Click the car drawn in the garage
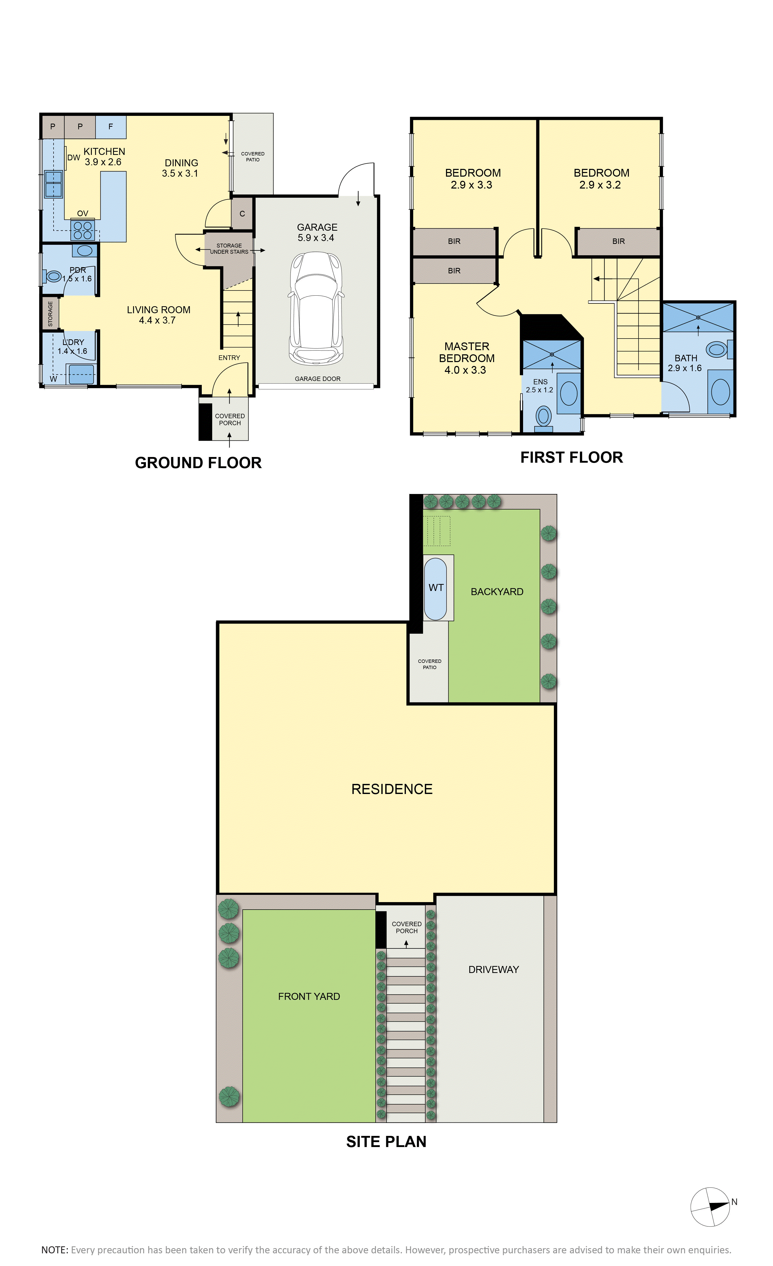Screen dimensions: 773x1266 [x=316, y=308]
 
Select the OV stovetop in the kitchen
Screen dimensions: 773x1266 [x=83, y=229]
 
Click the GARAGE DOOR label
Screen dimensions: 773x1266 [x=318, y=379]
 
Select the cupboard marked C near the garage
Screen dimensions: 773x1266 [x=242, y=214]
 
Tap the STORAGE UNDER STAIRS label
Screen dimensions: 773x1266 [x=229, y=249]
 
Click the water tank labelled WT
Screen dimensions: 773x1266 [x=436, y=588]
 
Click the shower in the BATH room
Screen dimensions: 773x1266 [x=698, y=318]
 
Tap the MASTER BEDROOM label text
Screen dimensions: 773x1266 [x=467, y=353]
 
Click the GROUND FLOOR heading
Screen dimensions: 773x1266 [x=198, y=463]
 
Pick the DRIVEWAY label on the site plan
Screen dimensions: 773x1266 [x=493, y=970]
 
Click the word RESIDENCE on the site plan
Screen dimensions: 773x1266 [x=392, y=789]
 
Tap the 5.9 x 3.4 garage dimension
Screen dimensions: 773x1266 [x=316, y=238]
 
